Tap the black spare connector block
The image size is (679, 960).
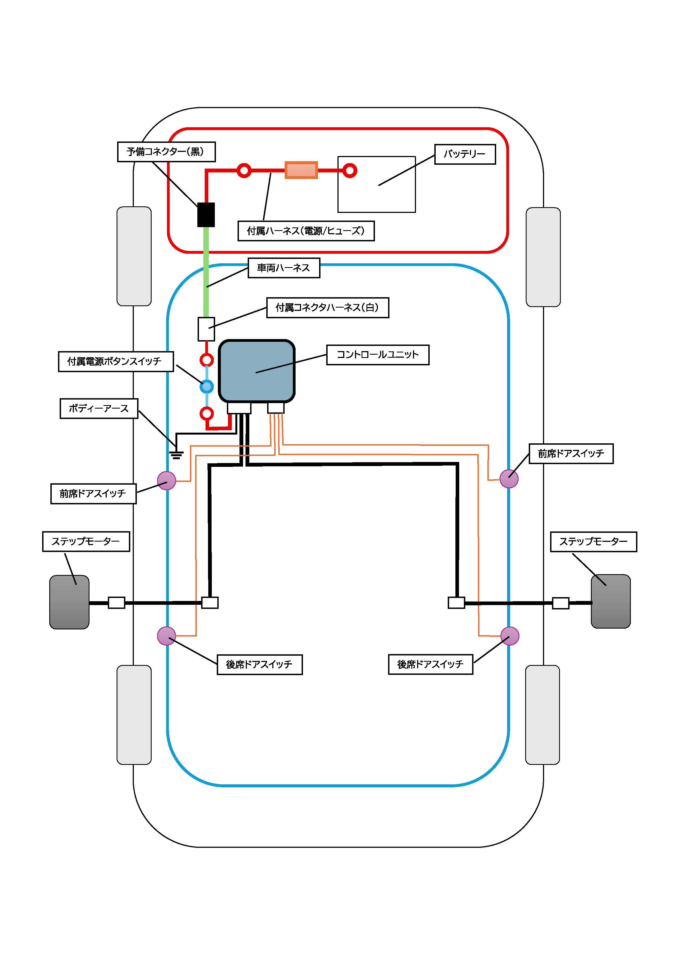pyautogui.click(x=206, y=215)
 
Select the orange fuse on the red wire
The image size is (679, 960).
pyautogui.click(x=301, y=170)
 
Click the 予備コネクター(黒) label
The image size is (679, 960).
pyautogui.click(x=166, y=152)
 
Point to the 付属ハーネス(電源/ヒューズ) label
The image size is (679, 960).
pyautogui.click(x=306, y=231)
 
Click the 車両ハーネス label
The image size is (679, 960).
pyautogui.click(x=284, y=268)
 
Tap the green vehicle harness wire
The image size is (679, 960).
pyautogui.click(x=206, y=272)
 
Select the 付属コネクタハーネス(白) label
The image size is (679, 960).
pyautogui.click(x=327, y=308)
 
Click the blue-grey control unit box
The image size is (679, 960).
pyautogui.click(x=257, y=371)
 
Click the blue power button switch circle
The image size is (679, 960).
pyautogui.click(x=207, y=386)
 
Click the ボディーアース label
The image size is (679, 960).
pyautogui.click(x=99, y=409)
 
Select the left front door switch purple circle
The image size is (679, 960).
pyautogui.click(x=166, y=481)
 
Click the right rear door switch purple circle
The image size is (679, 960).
pyautogui.click(x=510, y=636)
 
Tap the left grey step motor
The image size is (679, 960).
pyautogui.click(x=70, y=602)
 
